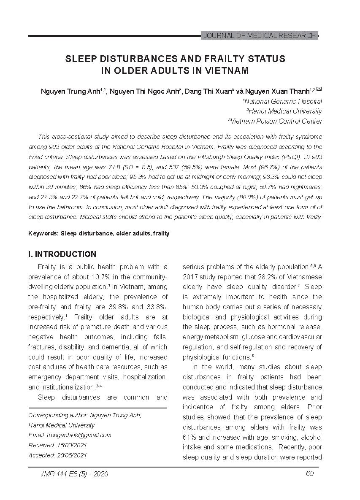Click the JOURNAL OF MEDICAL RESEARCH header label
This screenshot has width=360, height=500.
[259, 36]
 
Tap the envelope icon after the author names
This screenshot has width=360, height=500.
[319, 89]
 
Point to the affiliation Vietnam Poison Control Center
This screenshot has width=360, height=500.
[275, 121]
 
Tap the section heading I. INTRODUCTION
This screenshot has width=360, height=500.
[62, 254]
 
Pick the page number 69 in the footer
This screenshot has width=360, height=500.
[310, 473]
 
